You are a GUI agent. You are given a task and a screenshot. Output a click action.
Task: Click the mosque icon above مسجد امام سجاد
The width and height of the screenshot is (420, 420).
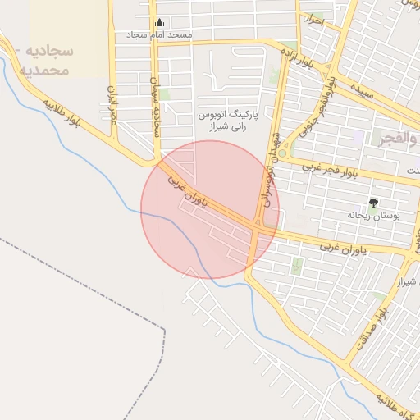(x=158, y=23)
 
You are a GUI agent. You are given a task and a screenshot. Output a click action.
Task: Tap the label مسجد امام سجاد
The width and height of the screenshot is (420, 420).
(x=159, y=36)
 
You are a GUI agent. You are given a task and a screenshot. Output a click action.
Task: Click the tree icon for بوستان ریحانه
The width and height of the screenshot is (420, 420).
(x=374, y=202)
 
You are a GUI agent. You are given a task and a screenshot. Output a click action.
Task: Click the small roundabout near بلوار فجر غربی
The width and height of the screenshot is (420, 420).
(x=283, y=153)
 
